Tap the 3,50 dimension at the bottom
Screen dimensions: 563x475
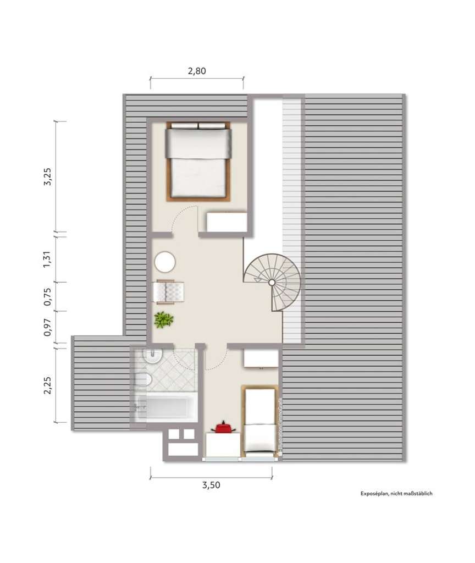point(211,484)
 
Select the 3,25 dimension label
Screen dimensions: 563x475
point(48,176)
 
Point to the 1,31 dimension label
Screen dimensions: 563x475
point(48,259)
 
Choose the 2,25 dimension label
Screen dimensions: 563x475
point(48,384)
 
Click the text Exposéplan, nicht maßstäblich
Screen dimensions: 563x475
point(396,493)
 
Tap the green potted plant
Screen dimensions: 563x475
point(163,320)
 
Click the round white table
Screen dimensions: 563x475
point(164,262)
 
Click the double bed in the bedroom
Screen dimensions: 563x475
point(198,161)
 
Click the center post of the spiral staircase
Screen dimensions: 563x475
point(272,282)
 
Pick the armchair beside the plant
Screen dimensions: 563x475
point(170,291)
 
